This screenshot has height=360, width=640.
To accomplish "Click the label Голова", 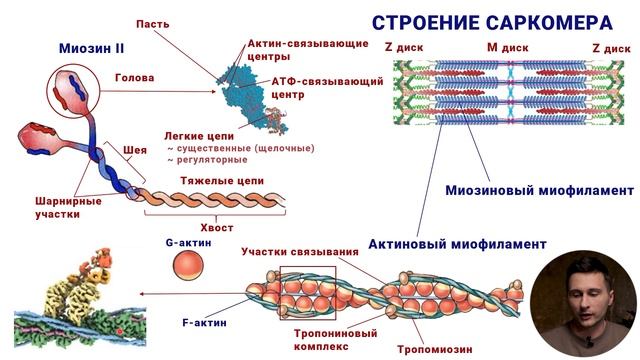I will [x=134, y=87].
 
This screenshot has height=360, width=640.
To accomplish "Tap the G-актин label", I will [x=186, y=243].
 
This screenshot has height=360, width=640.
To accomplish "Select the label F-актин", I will [x=201, y=323].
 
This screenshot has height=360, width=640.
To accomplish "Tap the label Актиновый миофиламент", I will [x=457, y=243].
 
